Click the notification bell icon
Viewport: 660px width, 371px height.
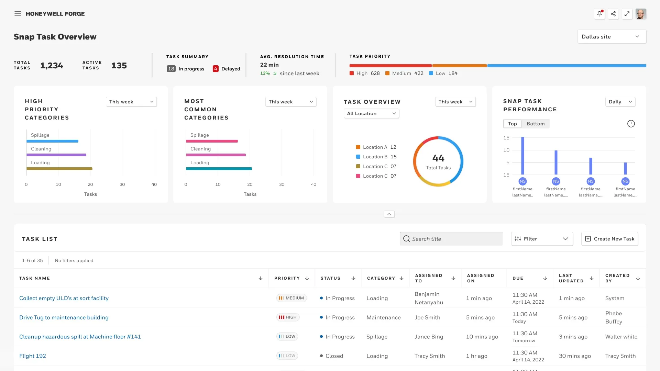[599, 14]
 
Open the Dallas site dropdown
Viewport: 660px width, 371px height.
[612, 37]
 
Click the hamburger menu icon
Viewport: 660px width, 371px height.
[18, 14]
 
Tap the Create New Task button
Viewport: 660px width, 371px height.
[609, 239]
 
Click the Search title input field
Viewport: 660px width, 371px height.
[451, 239]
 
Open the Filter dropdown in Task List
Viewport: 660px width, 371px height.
[542, 239]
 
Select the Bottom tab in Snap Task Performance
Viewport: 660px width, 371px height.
[536, 124]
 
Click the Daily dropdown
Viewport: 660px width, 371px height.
[620, 102]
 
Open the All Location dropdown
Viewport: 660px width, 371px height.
[371, 113]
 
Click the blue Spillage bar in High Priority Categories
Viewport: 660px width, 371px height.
[52, 141]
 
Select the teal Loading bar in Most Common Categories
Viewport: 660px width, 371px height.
[219, 169]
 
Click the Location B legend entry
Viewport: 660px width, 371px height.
[376, 157]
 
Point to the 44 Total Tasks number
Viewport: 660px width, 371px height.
[438, 158]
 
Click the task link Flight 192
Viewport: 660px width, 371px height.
[33, 356]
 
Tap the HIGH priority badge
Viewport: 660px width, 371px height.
[288, 317]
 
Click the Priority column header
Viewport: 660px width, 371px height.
[287, 278]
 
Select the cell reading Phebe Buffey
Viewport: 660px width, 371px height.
[614, 317]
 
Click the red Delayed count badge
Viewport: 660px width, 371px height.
[216, 69]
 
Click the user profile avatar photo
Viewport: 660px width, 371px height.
[641, 14]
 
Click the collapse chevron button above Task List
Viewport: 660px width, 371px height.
[389, 214]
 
